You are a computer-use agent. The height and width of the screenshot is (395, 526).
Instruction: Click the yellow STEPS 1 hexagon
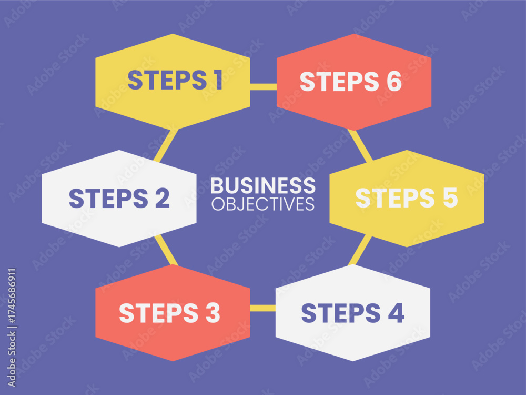173,82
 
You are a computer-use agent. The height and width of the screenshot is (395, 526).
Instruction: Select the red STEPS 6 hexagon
354,82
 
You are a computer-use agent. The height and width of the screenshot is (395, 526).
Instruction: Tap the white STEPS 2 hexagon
119,199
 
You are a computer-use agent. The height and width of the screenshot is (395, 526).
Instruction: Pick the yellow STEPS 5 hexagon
407,199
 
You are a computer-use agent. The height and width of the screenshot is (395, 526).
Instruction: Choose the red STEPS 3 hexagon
173,313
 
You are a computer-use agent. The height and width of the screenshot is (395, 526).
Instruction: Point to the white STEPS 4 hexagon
353,313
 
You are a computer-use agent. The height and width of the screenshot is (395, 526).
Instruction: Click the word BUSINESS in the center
263,185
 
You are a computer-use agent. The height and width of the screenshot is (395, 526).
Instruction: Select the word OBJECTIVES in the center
263,204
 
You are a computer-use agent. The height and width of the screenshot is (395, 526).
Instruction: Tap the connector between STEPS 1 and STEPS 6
264,87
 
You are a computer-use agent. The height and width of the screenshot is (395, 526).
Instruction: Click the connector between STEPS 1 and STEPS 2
166,145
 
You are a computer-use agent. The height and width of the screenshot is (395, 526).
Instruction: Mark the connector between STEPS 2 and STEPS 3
166,250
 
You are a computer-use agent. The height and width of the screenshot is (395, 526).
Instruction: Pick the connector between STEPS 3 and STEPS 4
262,308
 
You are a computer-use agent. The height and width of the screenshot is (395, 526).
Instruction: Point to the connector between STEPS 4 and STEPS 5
360,250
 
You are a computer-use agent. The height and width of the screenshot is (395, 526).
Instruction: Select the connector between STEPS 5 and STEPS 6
360,146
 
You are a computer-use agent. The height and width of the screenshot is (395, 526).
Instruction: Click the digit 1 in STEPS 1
218,80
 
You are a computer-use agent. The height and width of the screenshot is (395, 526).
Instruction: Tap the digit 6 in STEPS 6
394,82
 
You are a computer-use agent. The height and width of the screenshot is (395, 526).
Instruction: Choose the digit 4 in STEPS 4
396,313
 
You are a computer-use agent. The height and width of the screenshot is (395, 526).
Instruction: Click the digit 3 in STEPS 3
213,313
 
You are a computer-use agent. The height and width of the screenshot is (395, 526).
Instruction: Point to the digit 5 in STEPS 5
450,198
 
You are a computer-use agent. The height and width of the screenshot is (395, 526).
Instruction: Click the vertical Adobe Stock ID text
12,328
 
